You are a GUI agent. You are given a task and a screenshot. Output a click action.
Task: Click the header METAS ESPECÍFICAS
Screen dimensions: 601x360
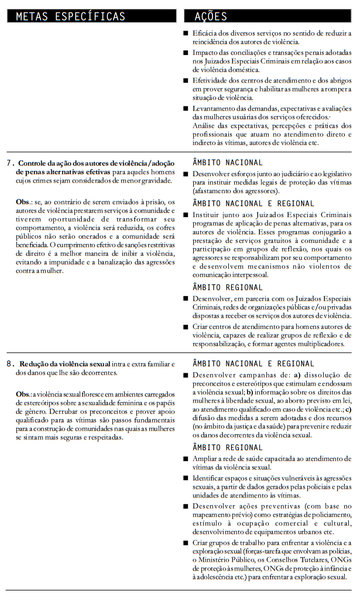pyautogui.click(x=70, y=16)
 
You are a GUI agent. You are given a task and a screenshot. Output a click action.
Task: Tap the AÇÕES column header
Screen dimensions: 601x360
pyautogui.click(x=211, y=16)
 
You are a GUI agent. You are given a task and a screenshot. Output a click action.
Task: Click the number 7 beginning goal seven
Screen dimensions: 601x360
pyautogui.click(x=10, y=163)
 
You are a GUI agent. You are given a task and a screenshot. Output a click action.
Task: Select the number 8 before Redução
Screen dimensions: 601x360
pyautogui.click(x=10, y=364)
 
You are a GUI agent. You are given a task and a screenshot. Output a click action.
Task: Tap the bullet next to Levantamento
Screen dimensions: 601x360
pyautogui.click(x=186, y=109)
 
